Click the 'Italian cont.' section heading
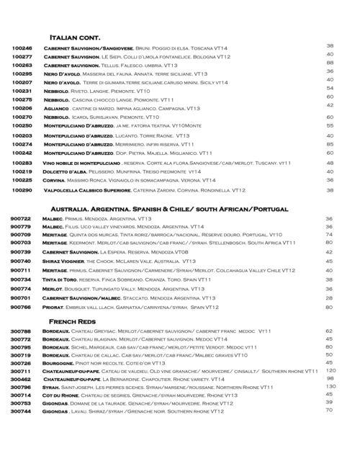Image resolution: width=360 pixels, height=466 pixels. pos(73,36)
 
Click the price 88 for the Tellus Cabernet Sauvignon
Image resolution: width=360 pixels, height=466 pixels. pos(330,63)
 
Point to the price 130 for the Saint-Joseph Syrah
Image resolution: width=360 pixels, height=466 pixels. pos(330,386)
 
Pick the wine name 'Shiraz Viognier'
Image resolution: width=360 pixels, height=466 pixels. pos(69,262)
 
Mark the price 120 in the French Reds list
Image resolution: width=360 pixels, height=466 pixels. pos(330,369)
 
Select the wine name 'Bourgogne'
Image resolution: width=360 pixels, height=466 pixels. pos(63,363)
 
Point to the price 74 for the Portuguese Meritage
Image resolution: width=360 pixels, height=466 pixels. pos(329,234)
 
